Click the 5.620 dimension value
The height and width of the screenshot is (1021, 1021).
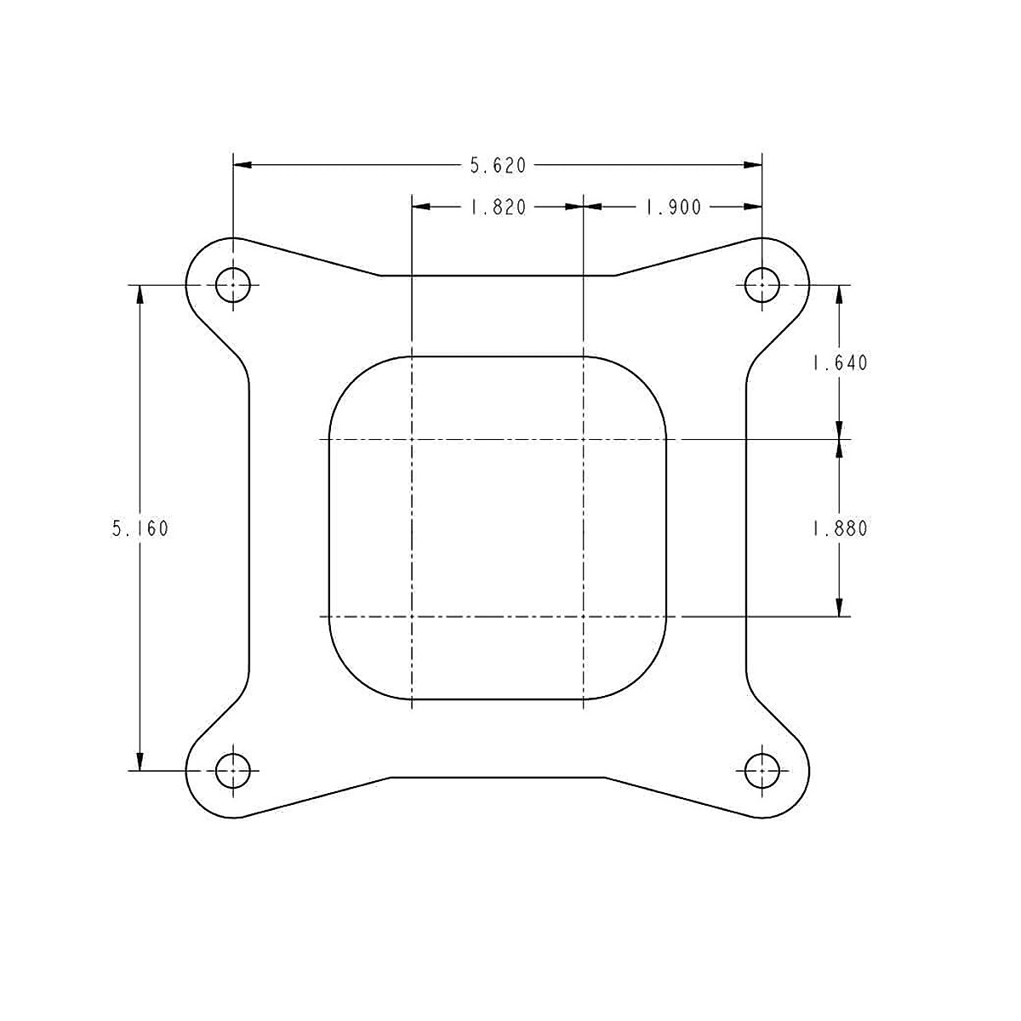coord(498,166)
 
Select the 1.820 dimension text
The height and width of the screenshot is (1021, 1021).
coord(498,207)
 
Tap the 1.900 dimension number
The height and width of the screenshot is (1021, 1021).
coord(673,207)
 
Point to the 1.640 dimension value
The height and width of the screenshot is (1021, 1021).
coord(840,363)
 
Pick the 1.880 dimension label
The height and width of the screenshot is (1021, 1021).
coord(840,528)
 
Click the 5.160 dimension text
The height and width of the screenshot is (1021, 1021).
coord(140,528)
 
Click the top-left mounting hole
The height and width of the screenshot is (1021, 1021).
coord(232,285)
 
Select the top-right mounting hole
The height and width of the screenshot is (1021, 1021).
coord(761,285)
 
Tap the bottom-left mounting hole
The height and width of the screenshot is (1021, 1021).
coord(232,771)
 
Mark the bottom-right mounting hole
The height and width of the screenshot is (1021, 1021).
coord(761,771)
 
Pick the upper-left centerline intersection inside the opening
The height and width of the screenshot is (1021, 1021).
coord(412,439)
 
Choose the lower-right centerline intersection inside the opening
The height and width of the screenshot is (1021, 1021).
coord(583,616)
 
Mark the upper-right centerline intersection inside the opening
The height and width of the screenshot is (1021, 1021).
coord(583,439)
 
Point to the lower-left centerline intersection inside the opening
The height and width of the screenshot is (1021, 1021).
coord(412,616)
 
